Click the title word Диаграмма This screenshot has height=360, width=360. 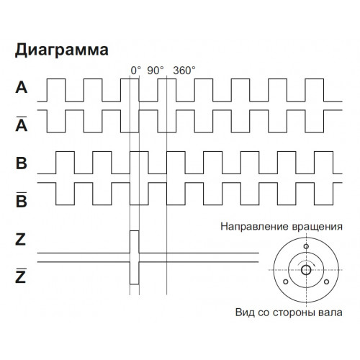pyautogui.click(x=62, y=50)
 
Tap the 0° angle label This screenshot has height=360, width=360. pyautogui.click(x=135, y=71)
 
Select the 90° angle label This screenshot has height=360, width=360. pyautogui.click(x=156, y=71)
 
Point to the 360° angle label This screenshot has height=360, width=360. pyautogui.click(x=184, y=71)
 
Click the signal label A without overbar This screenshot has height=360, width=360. pyautogui.click(x=22, y=87)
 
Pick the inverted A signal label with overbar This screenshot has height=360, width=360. pyautogui.click(x=22, y=124)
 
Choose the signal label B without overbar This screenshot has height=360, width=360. pyautogui.click(x=22, y=163)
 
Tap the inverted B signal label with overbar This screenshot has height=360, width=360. pyautogui.click(x=22, y=199)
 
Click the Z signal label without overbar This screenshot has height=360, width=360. pyautogui.click(x=20, y=240)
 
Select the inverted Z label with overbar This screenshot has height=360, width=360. pyautogui.click(x=20, y=276)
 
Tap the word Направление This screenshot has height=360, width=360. pyautogui.click(x=254, y=227)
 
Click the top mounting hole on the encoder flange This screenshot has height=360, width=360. pyautogui.click(x=306, y=246)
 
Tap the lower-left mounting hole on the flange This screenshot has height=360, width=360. pyautogui.click(x=286, y=282)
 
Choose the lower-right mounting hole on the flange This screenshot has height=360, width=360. pyautogui.click(x=326, y=282)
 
